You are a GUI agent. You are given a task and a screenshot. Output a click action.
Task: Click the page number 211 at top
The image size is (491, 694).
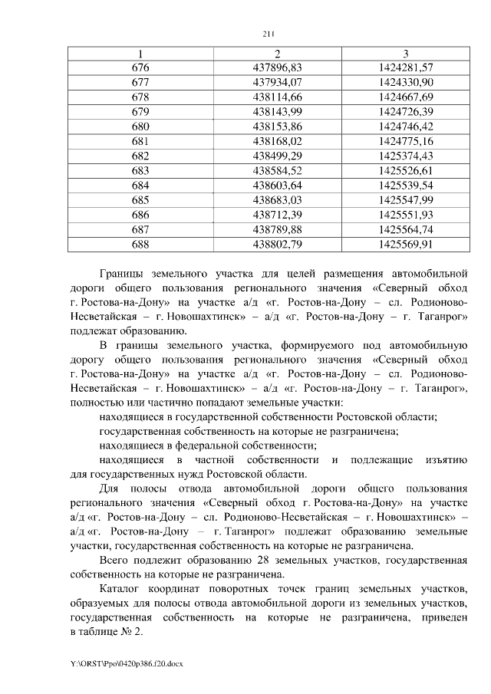point(268,34)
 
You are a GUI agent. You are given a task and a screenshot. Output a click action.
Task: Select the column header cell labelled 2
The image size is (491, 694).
point(277,54)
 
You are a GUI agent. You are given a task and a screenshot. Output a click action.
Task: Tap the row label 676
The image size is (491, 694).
point(140,67)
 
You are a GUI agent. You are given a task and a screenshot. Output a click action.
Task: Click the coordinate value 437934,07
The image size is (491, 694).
point(277,82)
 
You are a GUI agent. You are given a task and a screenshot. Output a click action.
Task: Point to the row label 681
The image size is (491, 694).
point(140,141)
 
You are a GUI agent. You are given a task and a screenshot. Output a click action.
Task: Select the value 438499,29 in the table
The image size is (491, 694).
point(277,156)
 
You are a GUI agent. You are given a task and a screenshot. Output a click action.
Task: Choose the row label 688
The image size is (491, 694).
point(140,245)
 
